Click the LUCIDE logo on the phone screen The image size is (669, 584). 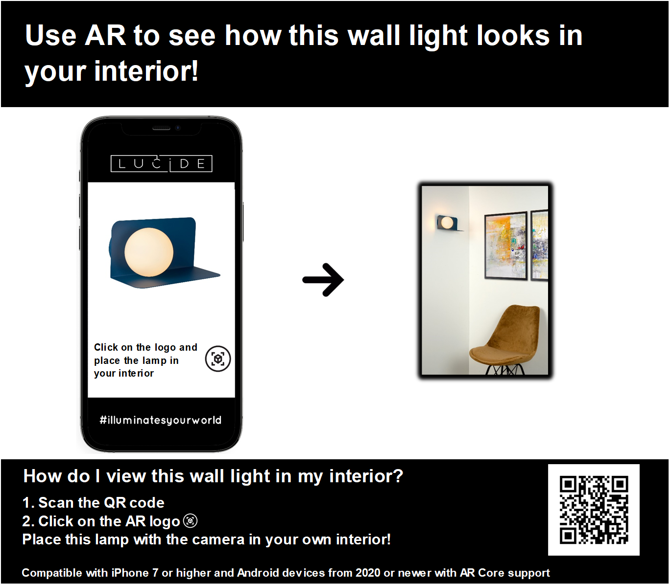click(161, 163)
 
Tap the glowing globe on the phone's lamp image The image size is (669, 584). click(149, 252)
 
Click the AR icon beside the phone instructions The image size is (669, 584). click(218, 359)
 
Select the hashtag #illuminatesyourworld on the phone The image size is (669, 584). click(161, 420)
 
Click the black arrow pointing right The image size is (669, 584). click(323, 280)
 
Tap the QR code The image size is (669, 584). click(594, 510)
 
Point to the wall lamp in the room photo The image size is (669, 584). click(448, 223)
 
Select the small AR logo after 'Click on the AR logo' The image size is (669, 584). click(191, 521)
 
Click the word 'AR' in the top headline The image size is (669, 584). click(105, 35)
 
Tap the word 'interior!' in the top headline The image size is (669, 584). click(146, 71)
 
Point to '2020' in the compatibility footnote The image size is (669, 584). click(368, 573)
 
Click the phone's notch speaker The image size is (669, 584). click(162, 128)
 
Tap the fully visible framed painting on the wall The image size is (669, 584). click(505, 246)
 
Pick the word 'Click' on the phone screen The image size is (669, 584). click(106, 347)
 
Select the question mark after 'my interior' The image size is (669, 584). click(398, 476)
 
